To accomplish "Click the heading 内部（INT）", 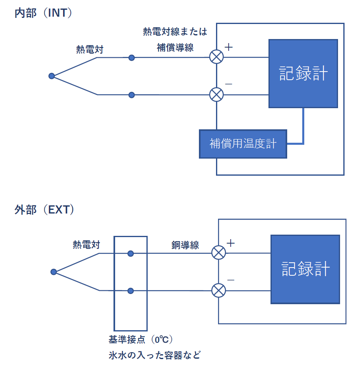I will tap(44, 13).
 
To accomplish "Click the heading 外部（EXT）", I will tap(44, 210).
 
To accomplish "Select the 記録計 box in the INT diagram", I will tap(303, 74).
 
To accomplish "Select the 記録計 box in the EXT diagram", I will tap(305, 269).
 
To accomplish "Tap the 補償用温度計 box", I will tap(243, 144).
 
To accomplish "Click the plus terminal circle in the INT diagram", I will tap(216, 57).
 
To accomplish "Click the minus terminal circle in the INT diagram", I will tap(216, 95).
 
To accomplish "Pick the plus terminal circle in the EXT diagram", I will tap(219, 253).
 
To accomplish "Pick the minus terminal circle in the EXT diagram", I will tap(219, 290).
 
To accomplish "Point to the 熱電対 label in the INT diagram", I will tap(90, 49).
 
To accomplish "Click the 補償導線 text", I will tap(175, 48).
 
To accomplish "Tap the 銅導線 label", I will tap(185, 245).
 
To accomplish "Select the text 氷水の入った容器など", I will tap(155, 355).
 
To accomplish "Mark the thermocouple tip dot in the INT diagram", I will tap(52, 76).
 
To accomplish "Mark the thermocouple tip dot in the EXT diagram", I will tap(54, 272).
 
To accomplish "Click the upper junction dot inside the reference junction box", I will tap(131, 253).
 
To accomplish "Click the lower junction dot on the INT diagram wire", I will tap(131, 95).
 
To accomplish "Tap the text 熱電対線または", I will tap(175, 31).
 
